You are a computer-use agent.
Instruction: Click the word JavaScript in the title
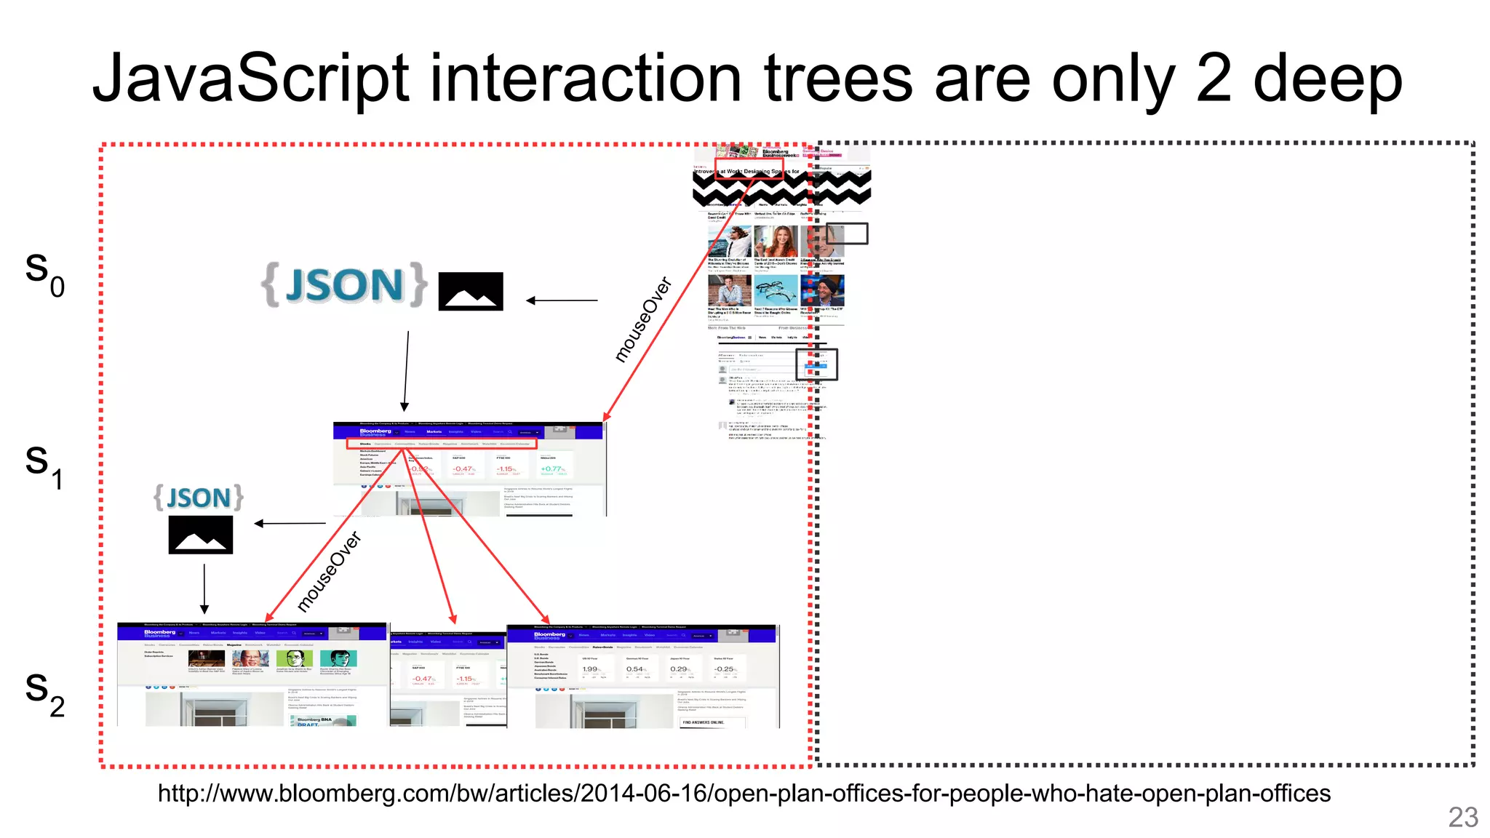[252, 80]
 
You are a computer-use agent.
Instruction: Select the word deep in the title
[1327, 80]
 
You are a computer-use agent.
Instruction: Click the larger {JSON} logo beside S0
[344, 284]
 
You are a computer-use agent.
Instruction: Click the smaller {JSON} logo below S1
[199, 498]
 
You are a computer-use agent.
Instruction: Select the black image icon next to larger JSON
[471, 291]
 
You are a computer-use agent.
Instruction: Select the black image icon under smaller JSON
[201, 535]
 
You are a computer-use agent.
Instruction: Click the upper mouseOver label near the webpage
[642, 319]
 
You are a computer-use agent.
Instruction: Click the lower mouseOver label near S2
[329, 572]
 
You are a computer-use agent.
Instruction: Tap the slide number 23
[1462, 818]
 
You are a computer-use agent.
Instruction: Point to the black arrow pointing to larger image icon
[561, 300]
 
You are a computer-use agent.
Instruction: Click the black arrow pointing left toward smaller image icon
[290, 523]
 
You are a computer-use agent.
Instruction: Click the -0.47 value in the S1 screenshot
[463, 469]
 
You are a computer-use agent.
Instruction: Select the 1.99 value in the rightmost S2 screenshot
[591, 669]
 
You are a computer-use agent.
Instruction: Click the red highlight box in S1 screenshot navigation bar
[441, 443]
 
